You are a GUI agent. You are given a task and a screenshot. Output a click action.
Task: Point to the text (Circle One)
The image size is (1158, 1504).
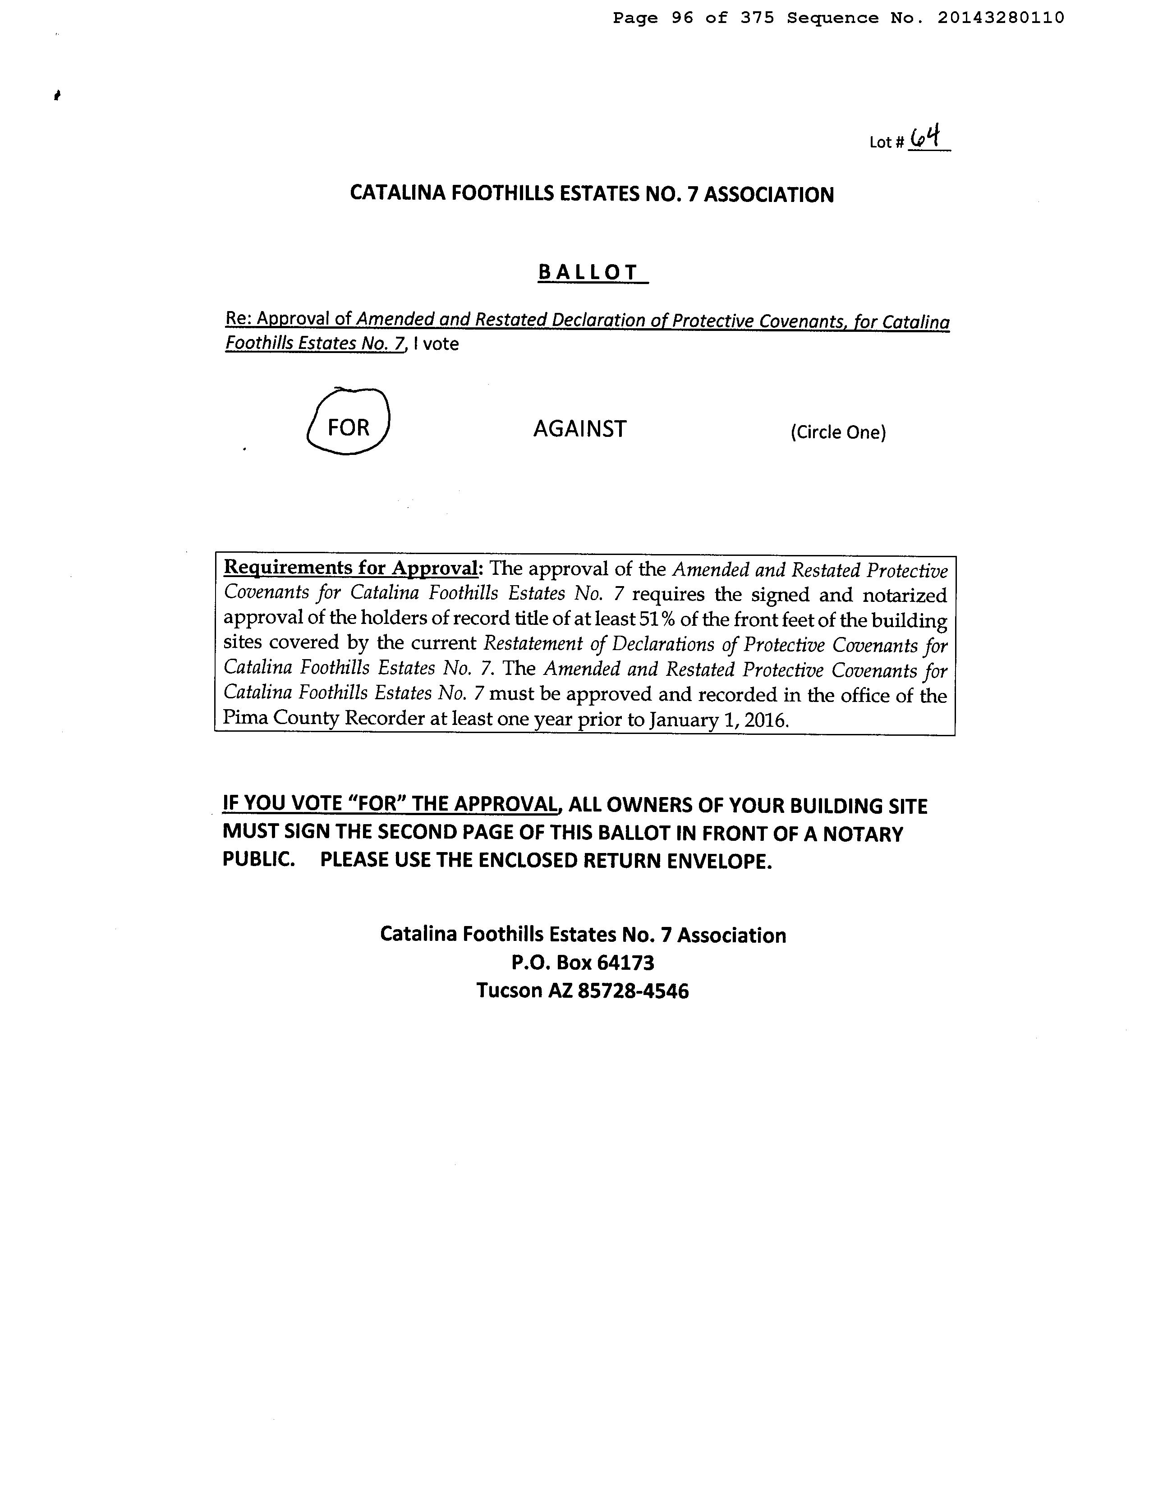[838, 432]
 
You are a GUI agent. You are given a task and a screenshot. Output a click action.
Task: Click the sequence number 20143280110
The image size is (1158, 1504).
[1000, 18]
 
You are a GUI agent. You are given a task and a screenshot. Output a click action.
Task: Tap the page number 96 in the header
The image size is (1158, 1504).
[682, 18]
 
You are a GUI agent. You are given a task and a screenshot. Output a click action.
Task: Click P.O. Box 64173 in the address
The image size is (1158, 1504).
[582, 962]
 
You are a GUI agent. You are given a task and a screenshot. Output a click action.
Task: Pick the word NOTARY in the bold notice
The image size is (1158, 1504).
[863, 834]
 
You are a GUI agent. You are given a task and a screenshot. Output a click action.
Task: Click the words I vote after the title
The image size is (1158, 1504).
[436, 344]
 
